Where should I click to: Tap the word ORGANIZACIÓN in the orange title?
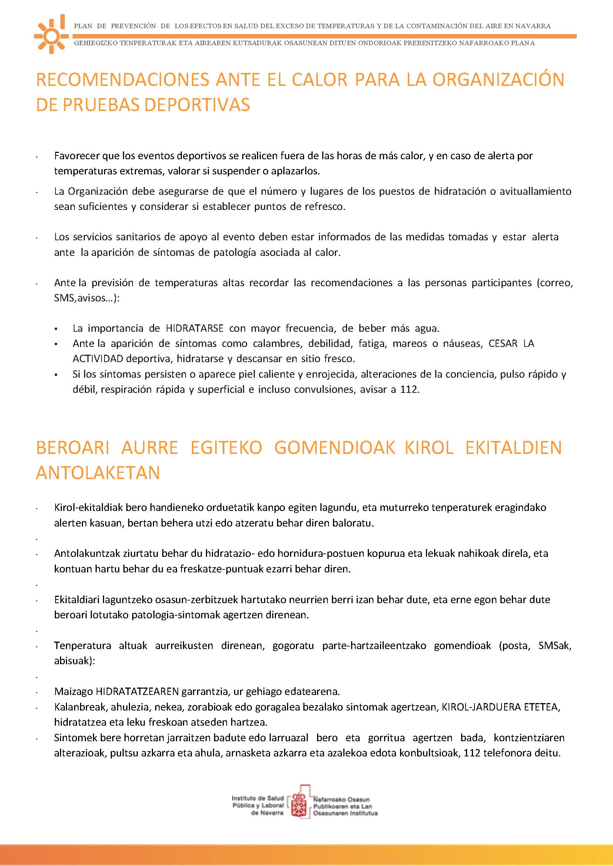498,80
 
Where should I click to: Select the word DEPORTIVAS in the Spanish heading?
197,105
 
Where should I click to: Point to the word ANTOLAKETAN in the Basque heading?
98,473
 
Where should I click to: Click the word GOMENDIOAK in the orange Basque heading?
334,448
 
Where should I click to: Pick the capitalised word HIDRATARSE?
194,328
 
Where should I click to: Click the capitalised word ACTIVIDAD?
98,358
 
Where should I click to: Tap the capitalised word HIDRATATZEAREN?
137,691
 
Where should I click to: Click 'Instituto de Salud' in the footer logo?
257,798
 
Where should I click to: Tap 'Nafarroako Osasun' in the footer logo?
341,799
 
